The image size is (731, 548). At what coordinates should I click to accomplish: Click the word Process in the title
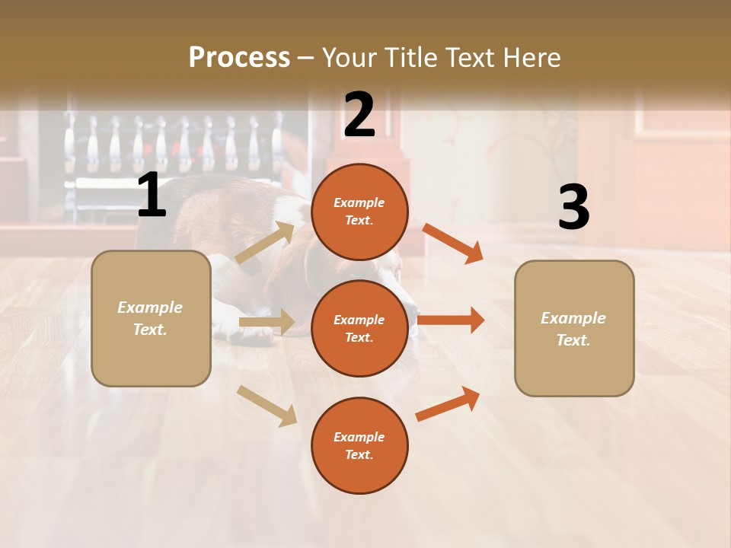239,57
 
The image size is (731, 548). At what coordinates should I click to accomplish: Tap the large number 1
152,196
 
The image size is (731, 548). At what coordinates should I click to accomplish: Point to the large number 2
359,116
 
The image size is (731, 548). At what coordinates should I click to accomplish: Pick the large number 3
574,208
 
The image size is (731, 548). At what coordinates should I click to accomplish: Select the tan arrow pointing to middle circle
267,322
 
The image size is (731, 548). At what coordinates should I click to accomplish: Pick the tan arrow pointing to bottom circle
267,406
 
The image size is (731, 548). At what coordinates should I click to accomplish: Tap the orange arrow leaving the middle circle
451,320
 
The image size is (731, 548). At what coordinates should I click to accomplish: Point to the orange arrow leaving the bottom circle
448,404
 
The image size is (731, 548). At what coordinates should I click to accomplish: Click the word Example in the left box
150,307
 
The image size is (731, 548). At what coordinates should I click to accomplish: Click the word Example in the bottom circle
359,437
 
